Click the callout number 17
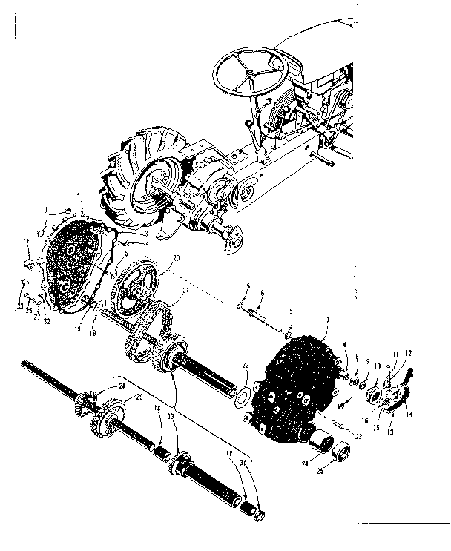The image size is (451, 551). click(24, 241)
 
